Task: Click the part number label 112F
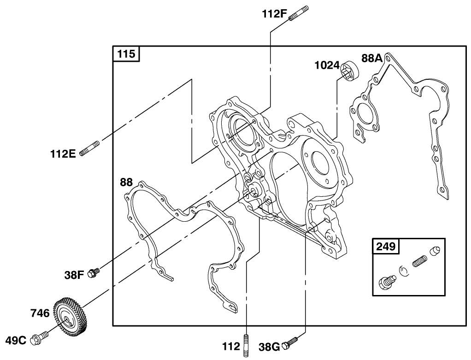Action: (275, 14)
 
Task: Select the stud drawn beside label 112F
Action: (298, 13)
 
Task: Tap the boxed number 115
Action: (126, 54)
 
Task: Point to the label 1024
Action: (327, 65)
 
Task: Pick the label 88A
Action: (372, 58)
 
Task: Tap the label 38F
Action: (74, 275)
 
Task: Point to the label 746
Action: (40, 313)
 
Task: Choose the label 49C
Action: (16, 341)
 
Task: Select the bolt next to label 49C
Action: (39, 339)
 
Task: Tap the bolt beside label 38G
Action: (290, 342)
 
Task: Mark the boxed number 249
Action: (386, 246)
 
